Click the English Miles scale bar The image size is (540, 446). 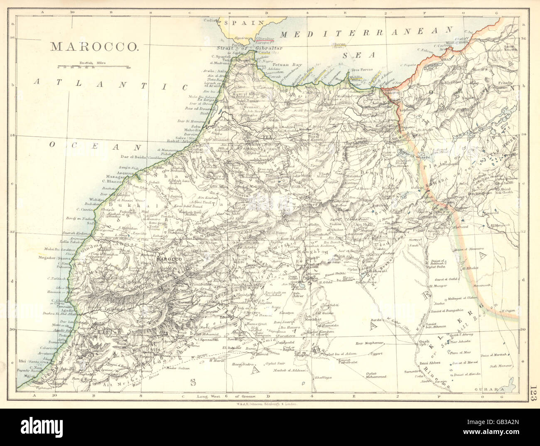click(94, 66)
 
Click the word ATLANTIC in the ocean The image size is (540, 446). click(109, 85)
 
